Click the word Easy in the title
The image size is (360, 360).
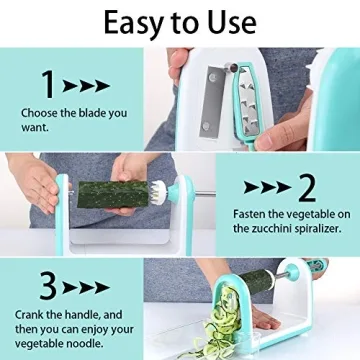(120, 22)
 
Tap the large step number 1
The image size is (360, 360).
(47, 84)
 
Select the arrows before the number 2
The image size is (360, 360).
(264, 187)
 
